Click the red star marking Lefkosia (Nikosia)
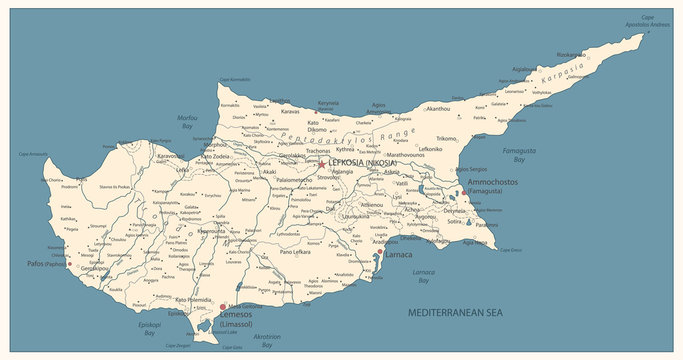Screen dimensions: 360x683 coord(321,164)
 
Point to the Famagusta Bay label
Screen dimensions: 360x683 coord(512,154)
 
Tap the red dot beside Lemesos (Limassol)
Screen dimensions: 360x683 coord(222,307)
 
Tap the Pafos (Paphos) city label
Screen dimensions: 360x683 coord(41,265)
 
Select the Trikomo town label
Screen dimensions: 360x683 coord(446,138)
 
